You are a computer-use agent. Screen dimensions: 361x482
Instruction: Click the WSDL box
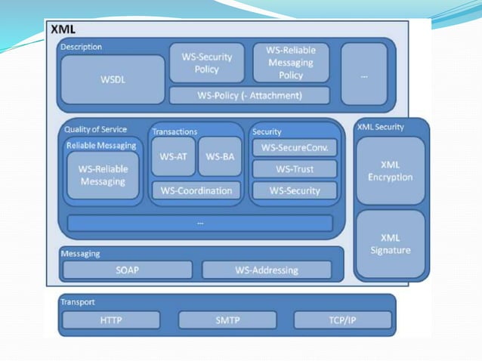click(x=112, y=79)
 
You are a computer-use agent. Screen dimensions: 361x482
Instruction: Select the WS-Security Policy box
click(x=206, y=63)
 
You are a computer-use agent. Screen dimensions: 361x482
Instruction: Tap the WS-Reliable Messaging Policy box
click(x=291, y=63)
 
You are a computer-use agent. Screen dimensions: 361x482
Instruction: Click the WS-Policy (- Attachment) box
click(x=249, y=96)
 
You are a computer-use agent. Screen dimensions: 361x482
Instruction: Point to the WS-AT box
click(x=173, y=156)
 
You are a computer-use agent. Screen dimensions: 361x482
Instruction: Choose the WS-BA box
click(x=219, y=156)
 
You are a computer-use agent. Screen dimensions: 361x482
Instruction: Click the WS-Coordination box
click(x=196, y=190)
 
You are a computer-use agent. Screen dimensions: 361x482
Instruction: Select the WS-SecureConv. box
click(x=294, y=148)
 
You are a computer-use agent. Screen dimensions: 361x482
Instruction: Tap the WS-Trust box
click(x=294, y=169)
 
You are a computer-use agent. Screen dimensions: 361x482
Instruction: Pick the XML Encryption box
click(x=390, y=171)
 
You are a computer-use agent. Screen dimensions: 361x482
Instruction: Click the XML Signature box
click(x=390, y=243)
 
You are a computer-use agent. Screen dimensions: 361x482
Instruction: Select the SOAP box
click(x=127, y=270)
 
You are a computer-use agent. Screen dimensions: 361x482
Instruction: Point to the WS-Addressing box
click(x=267, y=270)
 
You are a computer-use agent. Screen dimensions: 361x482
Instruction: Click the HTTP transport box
click(x=110, y=320)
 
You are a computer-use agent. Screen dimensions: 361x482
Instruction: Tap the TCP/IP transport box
click(x=342, y=320)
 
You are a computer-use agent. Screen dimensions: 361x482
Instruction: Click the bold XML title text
click(x=62, y=29)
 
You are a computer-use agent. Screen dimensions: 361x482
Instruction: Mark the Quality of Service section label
click(x=95, y=129)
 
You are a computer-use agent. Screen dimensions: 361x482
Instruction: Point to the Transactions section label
click(x=175, y=131)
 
